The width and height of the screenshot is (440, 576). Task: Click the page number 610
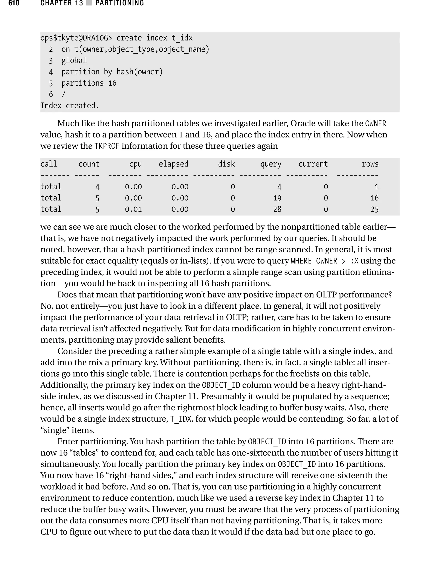pos(14,3)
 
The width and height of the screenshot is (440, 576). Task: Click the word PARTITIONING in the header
pos(120,3)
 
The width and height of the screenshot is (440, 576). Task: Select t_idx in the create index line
pos(182,38)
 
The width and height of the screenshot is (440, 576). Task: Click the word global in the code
pos(74,61)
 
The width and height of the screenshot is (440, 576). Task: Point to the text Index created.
pos(70,106)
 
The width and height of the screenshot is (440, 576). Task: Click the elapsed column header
pos(173,164)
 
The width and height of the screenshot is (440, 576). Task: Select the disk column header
pos(226,164)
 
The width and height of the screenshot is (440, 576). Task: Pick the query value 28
pos(277,209)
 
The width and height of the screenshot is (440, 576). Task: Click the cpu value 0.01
pos(133,209)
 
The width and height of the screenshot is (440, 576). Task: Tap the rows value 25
pos(374,209)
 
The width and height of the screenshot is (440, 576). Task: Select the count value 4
pos(97,187)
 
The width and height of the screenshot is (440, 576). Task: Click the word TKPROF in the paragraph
pos(107,146)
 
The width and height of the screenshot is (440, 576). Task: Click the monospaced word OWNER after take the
pos(376,123)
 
